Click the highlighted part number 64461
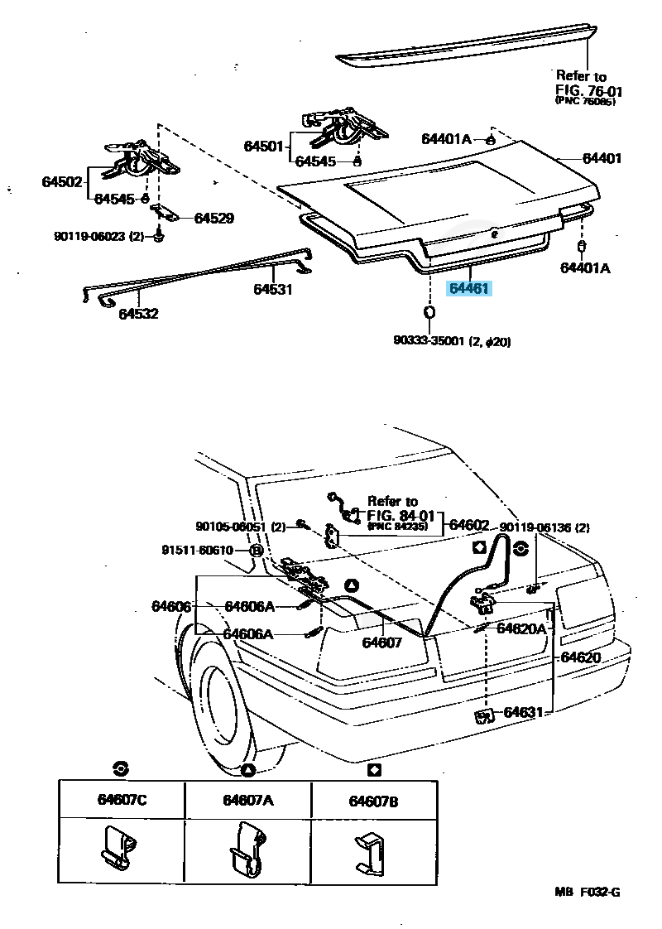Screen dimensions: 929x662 coord(469,289)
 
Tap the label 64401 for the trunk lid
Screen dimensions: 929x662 coord(602,158)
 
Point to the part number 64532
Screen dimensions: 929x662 coord(138,314)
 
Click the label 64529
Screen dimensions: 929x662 coord(214,219)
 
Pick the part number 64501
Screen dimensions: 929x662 coord(263,147)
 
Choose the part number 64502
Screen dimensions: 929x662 coord(63,181)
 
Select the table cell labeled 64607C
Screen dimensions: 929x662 coord(122,800)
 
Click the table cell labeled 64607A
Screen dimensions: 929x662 coord(247,800)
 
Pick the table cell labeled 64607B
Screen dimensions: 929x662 coord(374,800)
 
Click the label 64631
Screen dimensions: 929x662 coord(523,711)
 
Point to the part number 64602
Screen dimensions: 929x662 coord(469,525)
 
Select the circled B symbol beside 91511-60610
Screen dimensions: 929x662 coord(257,550)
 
